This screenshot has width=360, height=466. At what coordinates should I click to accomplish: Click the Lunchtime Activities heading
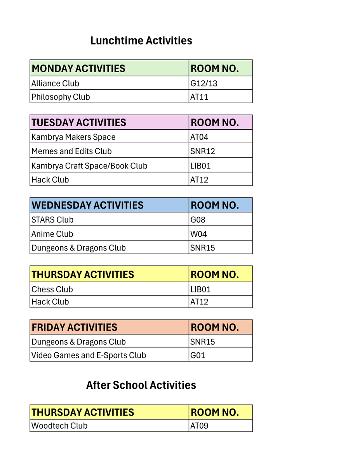(141, 40)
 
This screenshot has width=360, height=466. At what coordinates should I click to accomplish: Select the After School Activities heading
(141, 385)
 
